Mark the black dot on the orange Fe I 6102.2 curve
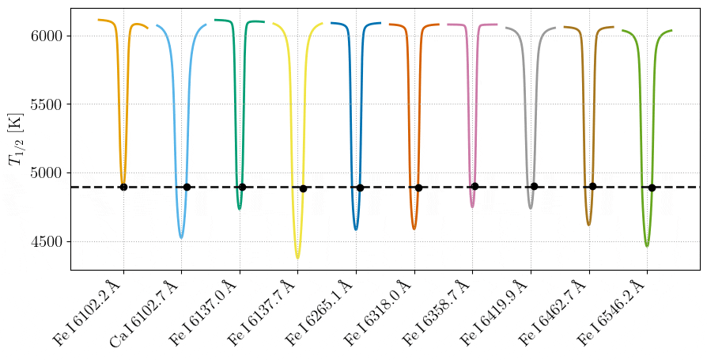[123, 187]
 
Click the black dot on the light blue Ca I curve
[187, 187]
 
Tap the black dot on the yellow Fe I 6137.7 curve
[303, 188]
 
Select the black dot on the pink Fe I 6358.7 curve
[474, 186]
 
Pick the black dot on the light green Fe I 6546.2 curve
[652, 188]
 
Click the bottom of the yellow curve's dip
[297, 257]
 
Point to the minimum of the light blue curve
[181, 237]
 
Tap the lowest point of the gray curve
[531, 208]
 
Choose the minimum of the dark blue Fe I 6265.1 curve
[356, 229]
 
